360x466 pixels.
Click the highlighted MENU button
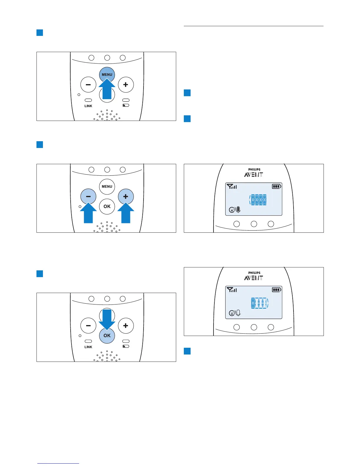coord(107,74)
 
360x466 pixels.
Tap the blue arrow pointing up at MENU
coord(107,90)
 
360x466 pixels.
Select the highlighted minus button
coord(88,196)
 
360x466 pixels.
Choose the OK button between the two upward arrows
coord(107,206)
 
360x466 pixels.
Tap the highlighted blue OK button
coord(107,335)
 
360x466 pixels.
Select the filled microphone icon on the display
coord(238,210)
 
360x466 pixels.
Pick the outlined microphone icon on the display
coord(238,313)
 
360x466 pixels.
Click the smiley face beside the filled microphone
coord(232,210)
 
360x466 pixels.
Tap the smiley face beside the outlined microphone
coord(232,313)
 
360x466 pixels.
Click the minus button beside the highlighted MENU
coord(88,85)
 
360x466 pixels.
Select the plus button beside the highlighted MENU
coord(126,85)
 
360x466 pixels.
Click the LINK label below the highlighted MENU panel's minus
coord(88,106)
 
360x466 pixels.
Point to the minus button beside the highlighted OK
coord(88,326)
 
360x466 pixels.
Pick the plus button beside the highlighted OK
coord(126,326)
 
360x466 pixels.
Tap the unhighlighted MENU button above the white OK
coord(107,186)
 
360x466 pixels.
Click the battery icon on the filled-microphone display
coord(276,186)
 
